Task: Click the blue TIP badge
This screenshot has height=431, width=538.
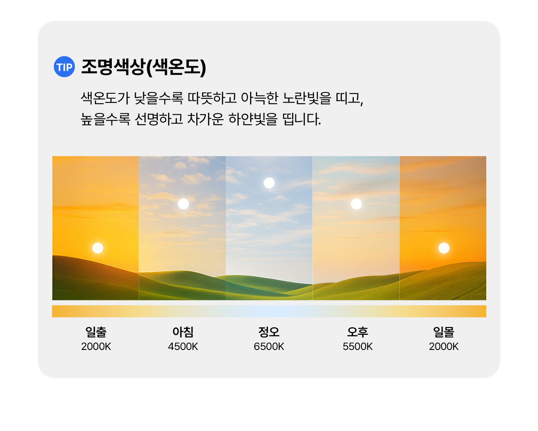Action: point(64,67)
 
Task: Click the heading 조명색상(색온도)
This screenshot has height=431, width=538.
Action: point(144,67)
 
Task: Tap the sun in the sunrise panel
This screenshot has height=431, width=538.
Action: point(98,248)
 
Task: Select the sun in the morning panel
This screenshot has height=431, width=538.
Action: point(183,204)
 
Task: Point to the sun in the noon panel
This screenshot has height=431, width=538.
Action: point(269,183)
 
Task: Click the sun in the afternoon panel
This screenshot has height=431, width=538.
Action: point(356,204)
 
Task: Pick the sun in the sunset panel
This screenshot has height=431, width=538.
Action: point(444,248)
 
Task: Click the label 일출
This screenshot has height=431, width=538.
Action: point(96,332)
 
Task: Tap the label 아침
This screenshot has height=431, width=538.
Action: point(183,332)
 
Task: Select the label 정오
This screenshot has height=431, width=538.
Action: point(269,332)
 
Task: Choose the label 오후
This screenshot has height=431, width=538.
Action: point(358,332)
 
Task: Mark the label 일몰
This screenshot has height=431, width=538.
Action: point(444,332)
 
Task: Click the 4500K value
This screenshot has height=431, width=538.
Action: point(183,347)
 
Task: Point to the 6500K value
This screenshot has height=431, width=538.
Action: point(269,347)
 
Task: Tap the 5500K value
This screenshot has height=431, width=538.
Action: point(358,347)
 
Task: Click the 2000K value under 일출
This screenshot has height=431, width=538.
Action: point(96,347)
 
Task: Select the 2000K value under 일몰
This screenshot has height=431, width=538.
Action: point(444,347)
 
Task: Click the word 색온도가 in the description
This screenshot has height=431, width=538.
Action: point(105,98)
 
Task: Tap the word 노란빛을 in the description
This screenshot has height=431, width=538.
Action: point(307,98)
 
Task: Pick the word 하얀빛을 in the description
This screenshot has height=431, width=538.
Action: point(253,119)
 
